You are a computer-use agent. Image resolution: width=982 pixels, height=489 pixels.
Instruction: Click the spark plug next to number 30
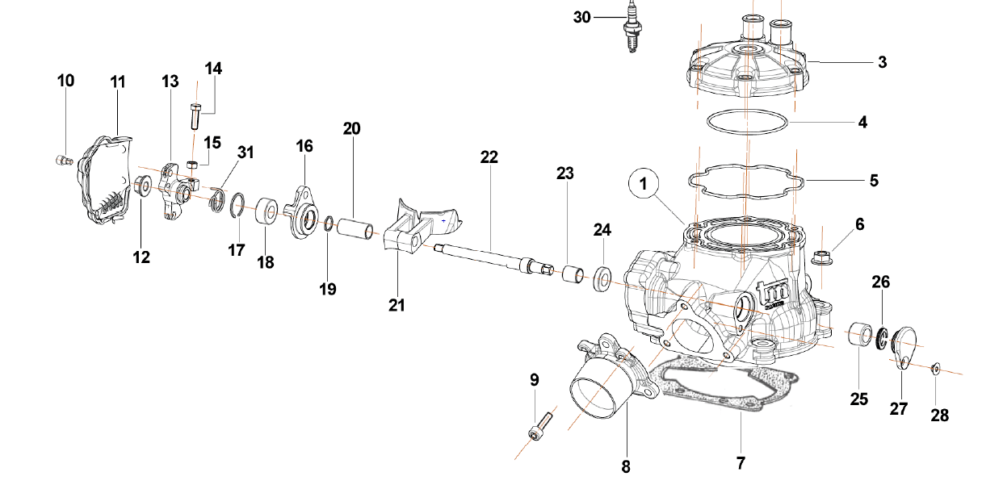click(x=631, y=30)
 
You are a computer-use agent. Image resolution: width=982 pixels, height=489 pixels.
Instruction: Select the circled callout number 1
click(x=644, y=185)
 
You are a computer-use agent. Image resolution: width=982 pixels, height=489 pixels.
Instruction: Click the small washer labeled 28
click(x=935, y=369)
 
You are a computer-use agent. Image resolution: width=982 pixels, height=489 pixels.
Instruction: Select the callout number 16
click(x=304, y=146)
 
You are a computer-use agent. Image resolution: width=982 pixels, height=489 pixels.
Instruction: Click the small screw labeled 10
click(x=65, y=158)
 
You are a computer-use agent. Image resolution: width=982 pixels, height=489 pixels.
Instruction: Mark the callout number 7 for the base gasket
click(x=740, y=463)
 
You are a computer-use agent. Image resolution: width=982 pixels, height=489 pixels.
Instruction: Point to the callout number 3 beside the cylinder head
click(x=882, y=62)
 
